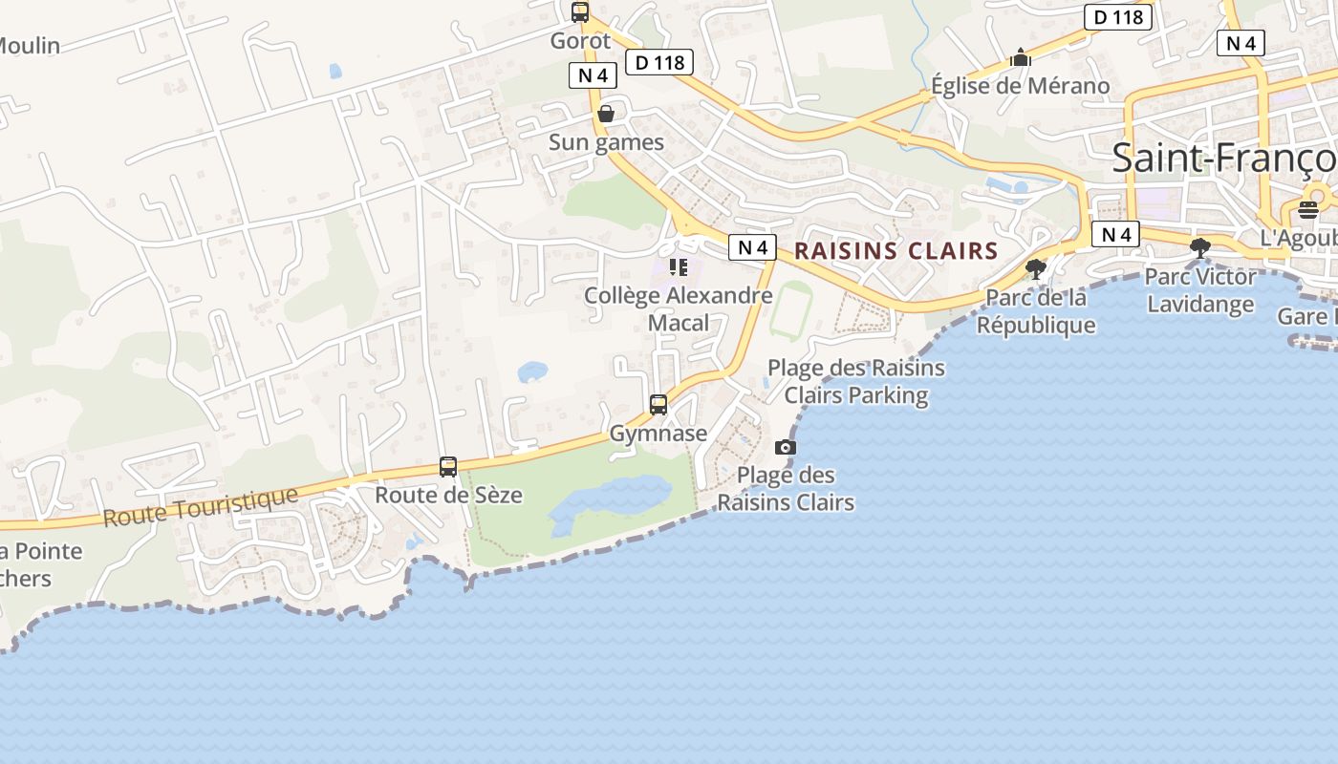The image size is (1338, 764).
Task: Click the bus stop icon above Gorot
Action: (580, 12)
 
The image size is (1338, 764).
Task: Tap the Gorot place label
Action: (580, 41)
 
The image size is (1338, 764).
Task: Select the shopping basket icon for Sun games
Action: (605, 115)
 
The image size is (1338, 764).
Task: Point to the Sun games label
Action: (606, 142)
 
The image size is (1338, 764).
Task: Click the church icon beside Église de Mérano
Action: (1021, 59)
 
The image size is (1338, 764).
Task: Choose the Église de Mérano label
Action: (1021, 86)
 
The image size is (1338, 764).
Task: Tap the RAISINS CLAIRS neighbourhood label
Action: (896, 251)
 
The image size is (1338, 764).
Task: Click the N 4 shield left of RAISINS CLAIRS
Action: (752, 247)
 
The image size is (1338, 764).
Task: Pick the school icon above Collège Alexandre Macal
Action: (678, 267)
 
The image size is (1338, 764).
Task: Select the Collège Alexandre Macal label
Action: (679, 308)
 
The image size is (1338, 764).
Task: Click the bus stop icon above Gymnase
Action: (658, 405)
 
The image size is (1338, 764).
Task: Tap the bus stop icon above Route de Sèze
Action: (448, 467)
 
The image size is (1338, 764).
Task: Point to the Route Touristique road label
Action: (200, 507)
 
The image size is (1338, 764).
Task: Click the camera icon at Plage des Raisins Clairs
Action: (786, 447)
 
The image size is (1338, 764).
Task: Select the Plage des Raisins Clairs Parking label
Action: (856, 381)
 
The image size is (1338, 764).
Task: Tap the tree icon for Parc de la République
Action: (1035, 268)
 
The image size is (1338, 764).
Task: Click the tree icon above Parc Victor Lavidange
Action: (1200, 248)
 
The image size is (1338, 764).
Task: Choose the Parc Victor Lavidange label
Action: (1200, 290)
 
